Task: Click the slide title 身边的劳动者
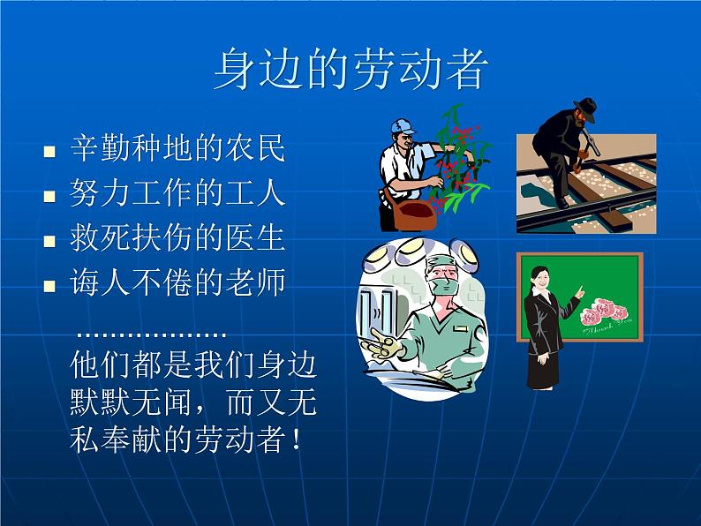(x=351, y=70)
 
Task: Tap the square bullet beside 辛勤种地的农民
(x=49, y=152)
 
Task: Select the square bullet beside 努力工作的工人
(x=49, y=197)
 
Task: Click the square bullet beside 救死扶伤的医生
(x=49, y=241)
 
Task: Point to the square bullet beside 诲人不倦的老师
(x=49, y=286)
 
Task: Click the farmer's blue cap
(x=403, y=126)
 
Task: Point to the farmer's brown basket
(x=413, y=215)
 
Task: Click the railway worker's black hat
(x=585, y=109)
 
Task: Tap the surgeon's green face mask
(x=445, y=286)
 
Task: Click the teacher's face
(x=539, y=280)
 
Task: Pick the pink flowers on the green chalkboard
(x=604, y=312)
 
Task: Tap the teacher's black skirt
(x=543, y=369)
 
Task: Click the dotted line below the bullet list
(x=151, y=334)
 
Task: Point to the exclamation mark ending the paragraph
(x=296, y=439)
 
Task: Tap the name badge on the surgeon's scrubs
(x=460, y=328)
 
